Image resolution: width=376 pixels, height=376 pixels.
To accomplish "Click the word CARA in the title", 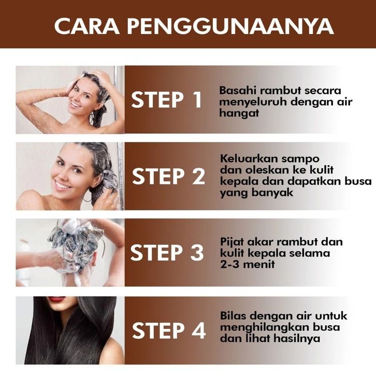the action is (86, 26).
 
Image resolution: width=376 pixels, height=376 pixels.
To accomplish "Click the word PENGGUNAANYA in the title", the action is (230, 26).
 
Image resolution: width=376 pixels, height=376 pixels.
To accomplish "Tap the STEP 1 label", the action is (167, 100).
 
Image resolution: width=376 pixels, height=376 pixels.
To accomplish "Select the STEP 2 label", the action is (168, 176).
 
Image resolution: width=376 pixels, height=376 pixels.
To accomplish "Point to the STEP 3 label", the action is (167, 252).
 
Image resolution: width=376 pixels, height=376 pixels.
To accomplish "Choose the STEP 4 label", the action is (169, 330).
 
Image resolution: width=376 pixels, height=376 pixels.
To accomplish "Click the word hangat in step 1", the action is (239, 113).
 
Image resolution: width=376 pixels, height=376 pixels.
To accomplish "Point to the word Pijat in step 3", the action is (232, 242).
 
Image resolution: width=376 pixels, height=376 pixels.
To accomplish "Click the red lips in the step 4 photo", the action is (56, 299).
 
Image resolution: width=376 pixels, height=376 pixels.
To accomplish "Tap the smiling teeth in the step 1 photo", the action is (76, 105).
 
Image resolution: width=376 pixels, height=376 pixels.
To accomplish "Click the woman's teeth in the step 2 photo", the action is (62, 185).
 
